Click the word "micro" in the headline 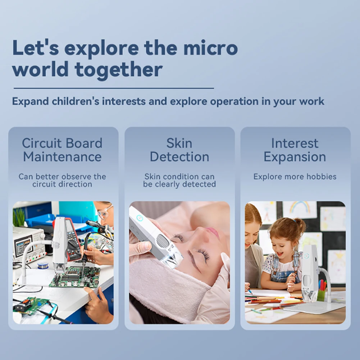(210, 48)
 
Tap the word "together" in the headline (119, 70)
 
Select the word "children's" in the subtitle (76, 101)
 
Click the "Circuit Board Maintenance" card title (62, 150)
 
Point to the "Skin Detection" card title (179, 150)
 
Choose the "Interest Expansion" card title (295, 150)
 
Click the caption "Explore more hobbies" (295, 177)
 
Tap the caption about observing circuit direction (62, 180)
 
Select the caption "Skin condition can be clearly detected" (179, 180)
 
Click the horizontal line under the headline (114, 88)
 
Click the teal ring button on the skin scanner (139, 218)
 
